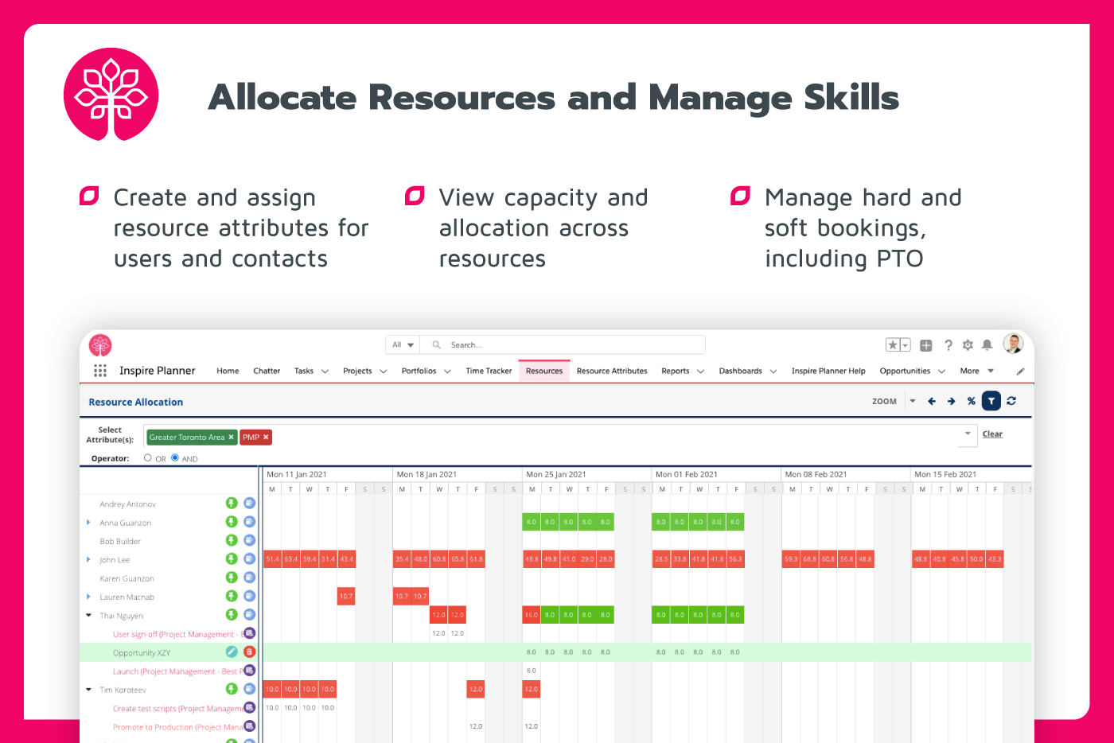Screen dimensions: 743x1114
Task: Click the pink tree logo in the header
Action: [111, 95]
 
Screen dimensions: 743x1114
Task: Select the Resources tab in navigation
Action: [544, 371]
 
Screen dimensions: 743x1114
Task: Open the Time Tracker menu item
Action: [489, 371]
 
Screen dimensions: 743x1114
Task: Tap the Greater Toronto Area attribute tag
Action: [187, 437]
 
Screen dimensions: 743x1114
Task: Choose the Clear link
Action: [992, 434]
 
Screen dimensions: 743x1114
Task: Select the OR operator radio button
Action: [148, 458]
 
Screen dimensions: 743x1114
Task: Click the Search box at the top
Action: [565, 345]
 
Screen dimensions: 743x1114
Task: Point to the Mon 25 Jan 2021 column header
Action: [556, 474]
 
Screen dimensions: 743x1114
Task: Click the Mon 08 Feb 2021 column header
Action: [816, 474]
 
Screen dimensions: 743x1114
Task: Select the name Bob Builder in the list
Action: [120, 542]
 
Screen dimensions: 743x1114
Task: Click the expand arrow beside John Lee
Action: [88, 560]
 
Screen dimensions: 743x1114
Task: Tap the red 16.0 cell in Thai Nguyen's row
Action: [532, 615]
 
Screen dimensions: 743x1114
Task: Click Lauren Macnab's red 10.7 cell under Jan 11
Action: [346, 596]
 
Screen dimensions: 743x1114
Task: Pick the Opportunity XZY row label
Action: [142, 653]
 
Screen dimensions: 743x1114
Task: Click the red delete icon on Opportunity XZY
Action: [249, 652]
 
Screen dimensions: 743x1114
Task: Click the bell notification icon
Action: [987, 345]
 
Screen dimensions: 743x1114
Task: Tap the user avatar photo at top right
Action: [1013, 344]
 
